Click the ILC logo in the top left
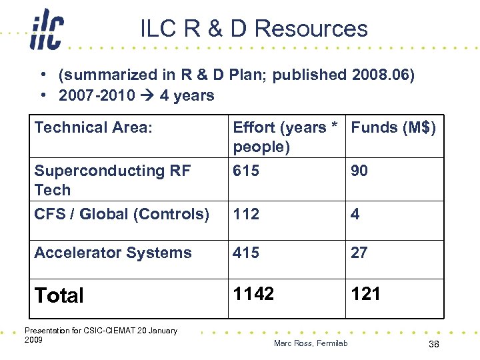[x=47, y=31]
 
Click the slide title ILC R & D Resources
[x=254, y=29]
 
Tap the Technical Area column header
[x=93, y=127]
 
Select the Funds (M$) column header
[x=393, y=127]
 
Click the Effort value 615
[x=246, y=171]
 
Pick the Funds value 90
[x=359, y=171]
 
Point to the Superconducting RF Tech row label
[x=112, y=180]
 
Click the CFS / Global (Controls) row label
[x=121, y=214]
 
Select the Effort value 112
[x=245, y=214]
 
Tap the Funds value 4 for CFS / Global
[x=355, y=214]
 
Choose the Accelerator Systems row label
[x=113, y=253]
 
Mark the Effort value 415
[x=246, y=253]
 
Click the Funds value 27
[x=359, y=253]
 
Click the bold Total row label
[x=59, y=295]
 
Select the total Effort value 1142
[x=253, y=294]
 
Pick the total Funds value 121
[x=365, y=294]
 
